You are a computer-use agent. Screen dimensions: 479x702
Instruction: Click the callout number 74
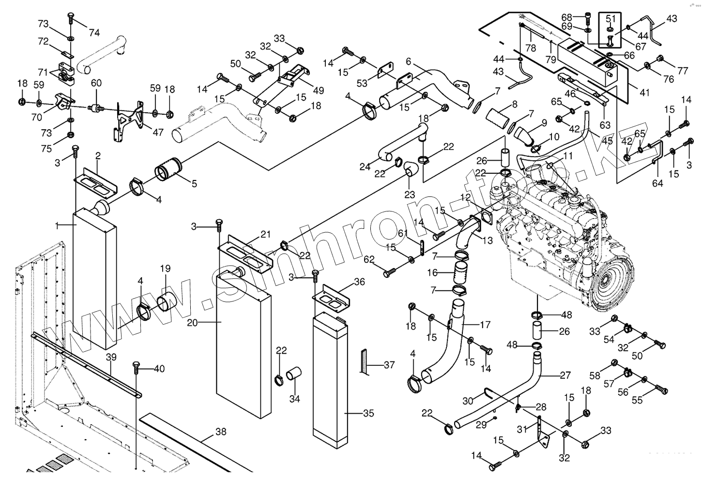tap(94, 32)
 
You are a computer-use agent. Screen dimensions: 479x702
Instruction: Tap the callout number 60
tap(96, 83)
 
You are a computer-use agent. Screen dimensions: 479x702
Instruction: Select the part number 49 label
tap(318, 90)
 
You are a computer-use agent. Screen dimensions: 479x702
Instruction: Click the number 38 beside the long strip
tap(221, 432)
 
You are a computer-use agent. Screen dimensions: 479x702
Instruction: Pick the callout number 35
tap(368, 414)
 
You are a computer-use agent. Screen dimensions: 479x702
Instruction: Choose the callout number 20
tap(192, 323)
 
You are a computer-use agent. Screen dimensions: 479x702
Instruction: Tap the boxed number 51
tap(611, 19)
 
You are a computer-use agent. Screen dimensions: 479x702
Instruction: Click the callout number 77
tap(683, 71)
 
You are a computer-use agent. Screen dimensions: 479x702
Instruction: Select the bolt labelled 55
tap(661, 388)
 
